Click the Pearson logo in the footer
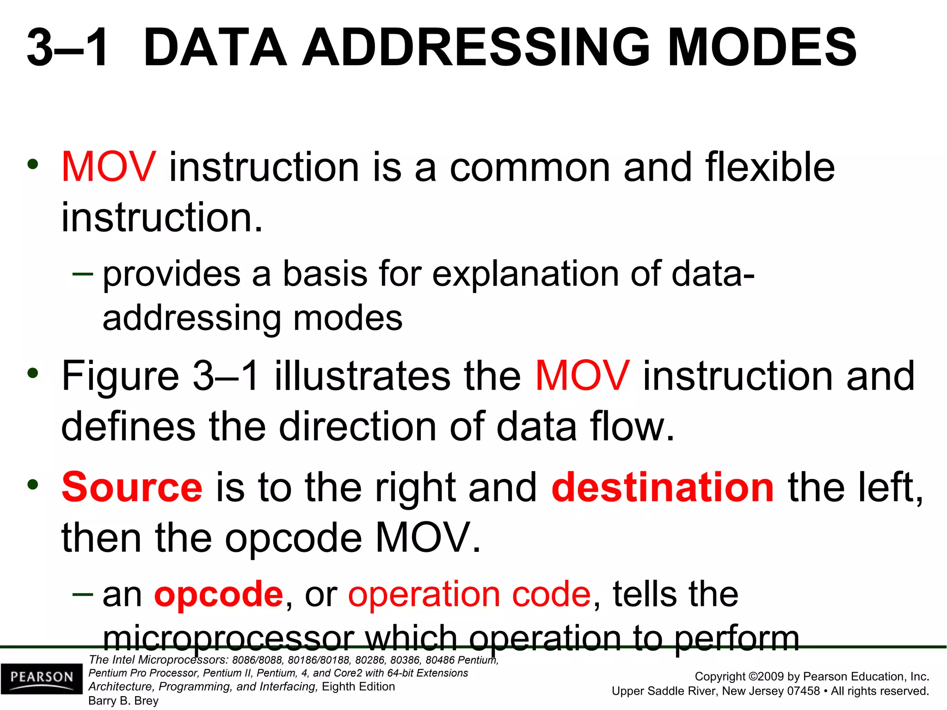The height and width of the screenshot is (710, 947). pos(42,678)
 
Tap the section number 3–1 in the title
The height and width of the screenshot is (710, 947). pos(68,48)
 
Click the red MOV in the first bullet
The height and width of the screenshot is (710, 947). pos(109,167)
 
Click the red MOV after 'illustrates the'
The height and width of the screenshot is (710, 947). pos(582,376)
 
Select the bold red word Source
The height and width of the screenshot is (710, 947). pos(132,488)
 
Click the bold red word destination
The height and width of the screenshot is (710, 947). pos(663,488)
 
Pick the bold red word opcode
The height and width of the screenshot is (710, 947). pos(218,594)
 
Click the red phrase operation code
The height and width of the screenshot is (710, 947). pos(469,594)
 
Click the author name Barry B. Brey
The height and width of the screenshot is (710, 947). pos(123,701)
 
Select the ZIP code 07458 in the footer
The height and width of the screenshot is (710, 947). pos(801,691)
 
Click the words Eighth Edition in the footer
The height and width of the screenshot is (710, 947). pos(358,686)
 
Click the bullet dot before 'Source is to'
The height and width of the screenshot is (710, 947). pos(33,485)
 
